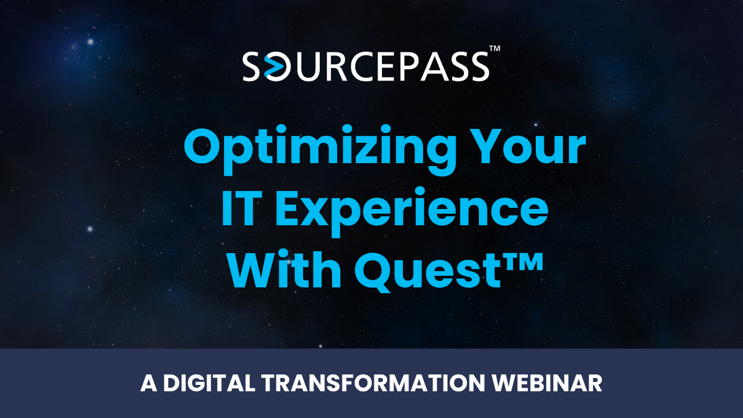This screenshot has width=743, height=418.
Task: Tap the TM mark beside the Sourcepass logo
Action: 495,48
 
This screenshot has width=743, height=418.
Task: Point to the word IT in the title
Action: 240,208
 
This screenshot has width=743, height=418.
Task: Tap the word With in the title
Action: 284,270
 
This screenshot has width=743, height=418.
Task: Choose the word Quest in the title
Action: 428,272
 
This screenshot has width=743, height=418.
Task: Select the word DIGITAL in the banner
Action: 209,383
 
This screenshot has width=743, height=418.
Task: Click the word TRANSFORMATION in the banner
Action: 373,383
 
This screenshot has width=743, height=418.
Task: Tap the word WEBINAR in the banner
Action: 547,383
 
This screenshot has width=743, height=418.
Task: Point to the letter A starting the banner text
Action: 149,383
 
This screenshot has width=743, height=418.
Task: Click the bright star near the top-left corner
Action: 90,42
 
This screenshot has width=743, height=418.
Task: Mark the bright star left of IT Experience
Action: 90,229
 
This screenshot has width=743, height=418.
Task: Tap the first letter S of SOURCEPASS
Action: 251,67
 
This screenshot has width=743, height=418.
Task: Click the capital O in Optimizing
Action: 203,145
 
